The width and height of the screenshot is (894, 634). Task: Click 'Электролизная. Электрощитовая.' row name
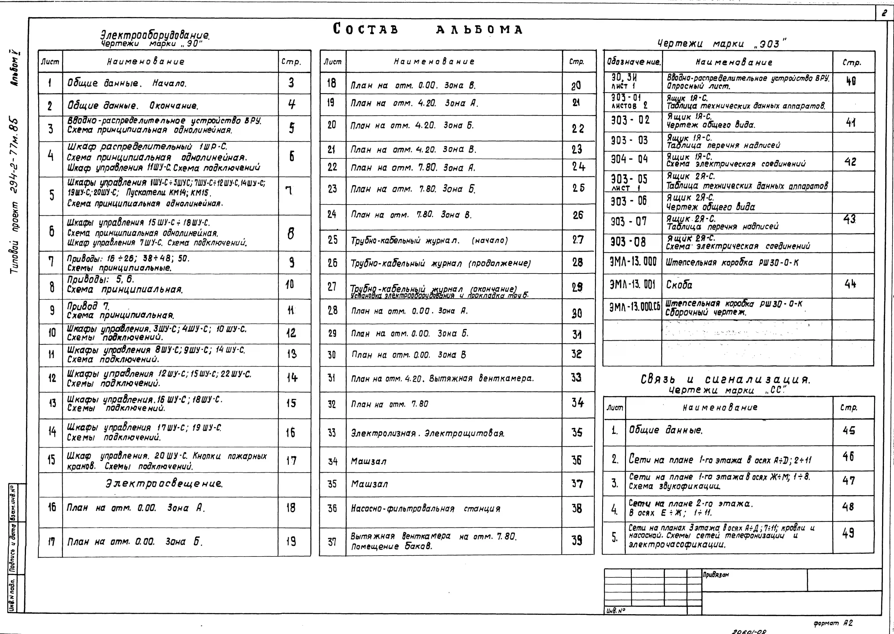tap(428, 433)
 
